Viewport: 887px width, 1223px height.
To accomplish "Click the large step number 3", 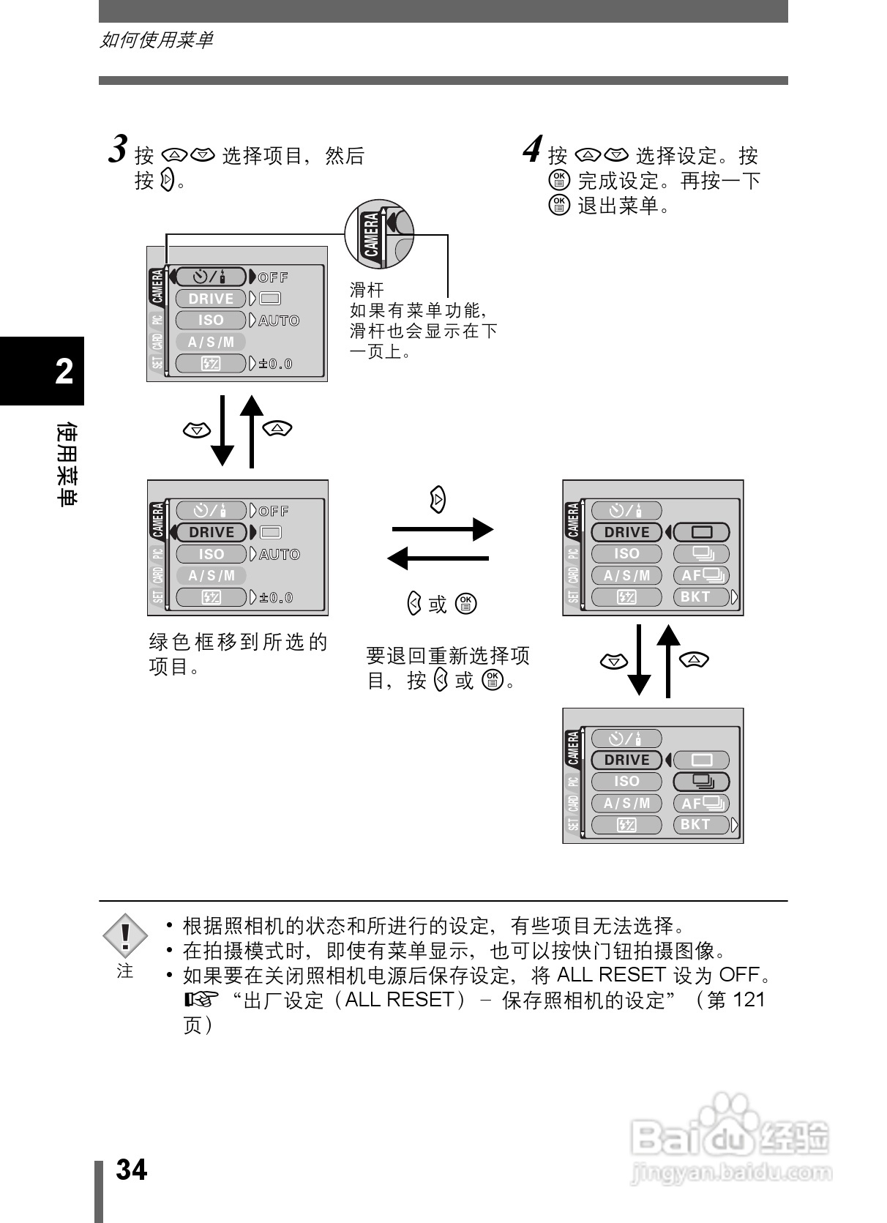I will [x=119, y=149].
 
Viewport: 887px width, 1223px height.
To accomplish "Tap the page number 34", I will [x=132, y=1170].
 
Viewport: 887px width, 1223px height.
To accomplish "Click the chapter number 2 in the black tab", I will [x=64, y=372].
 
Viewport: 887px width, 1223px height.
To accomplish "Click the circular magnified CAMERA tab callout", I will [x=379, y=234].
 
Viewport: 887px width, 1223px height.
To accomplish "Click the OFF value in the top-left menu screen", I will [x=274, y=277].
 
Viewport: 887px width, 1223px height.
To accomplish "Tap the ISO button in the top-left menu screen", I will [x=211, y=320].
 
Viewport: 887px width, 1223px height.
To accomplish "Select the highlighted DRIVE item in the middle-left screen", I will [x=212, y=532].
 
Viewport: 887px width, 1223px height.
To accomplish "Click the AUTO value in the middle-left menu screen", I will [x=280, y=554].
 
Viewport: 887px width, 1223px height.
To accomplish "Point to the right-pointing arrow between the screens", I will [x=442, y=528].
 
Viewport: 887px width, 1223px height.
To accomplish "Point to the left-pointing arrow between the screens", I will [x=438, y=558].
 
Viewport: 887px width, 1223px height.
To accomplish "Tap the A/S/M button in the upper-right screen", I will [x=626, y=575].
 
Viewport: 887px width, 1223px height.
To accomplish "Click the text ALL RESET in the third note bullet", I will [x=611, y=975].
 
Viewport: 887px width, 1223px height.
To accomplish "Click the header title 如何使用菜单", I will [x=156, y=40].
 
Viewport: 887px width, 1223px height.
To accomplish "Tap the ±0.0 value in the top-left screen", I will [x=275, y=364].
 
